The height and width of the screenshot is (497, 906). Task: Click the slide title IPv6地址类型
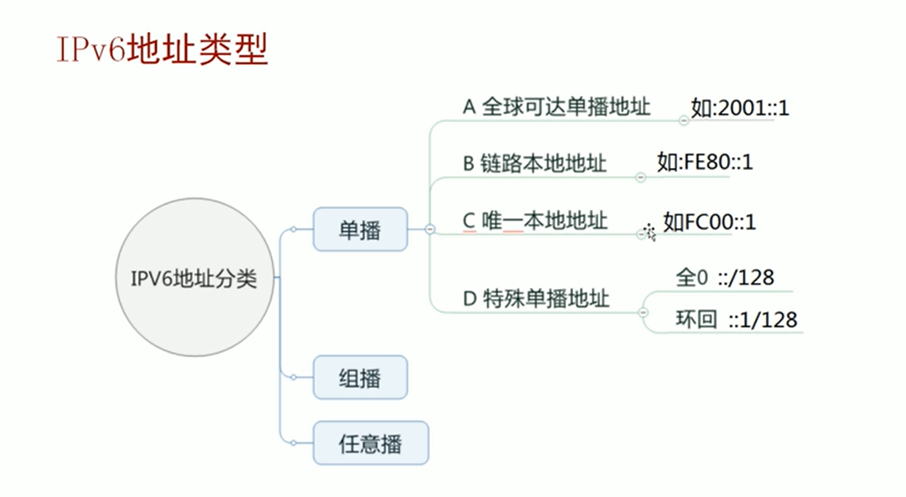pyautogui.click(x=162, y=49)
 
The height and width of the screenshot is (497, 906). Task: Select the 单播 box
pyautogui.click(x=360, y=229)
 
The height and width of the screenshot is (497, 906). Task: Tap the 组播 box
pyautogui.click(x=360, y=378)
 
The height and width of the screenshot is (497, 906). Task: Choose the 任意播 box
pyautogui.click(x=371, y=443)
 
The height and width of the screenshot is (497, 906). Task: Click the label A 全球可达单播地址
pyautogui.click(x=556, y=107)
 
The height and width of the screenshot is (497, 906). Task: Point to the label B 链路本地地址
pyautogui.click(x=535, y=163)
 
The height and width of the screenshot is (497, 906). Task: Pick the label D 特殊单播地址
pyautogui.click(x=536, y=298)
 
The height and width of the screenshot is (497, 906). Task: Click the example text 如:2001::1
pyautogui.click(x=740, y=108)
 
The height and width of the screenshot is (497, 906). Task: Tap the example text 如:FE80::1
pyautogui.click(x=704, y=162)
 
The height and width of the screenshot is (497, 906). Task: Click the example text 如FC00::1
pyautogui.click(x=709, y=221)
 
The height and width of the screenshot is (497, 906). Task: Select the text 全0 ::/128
pyautogui.click(x=724, y=278)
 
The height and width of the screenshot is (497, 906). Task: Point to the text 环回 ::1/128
pyautogui.click(x=736, y=320)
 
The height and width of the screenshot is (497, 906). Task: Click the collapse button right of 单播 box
pyautogui.click(x=430, y=229)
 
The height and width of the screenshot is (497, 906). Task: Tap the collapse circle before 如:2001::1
pyautogui.click(x=684, y=120)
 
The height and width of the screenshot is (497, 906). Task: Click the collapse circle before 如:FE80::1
pyautogui.click(x=640, y=177)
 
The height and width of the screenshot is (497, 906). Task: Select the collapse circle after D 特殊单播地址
pyautogui.click(x=643, y=312)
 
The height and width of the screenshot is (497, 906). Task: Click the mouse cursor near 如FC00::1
pyautogui.click(x=649, y=232)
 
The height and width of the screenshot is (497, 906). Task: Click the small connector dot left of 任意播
pyautogui.click(x=293, y=442)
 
